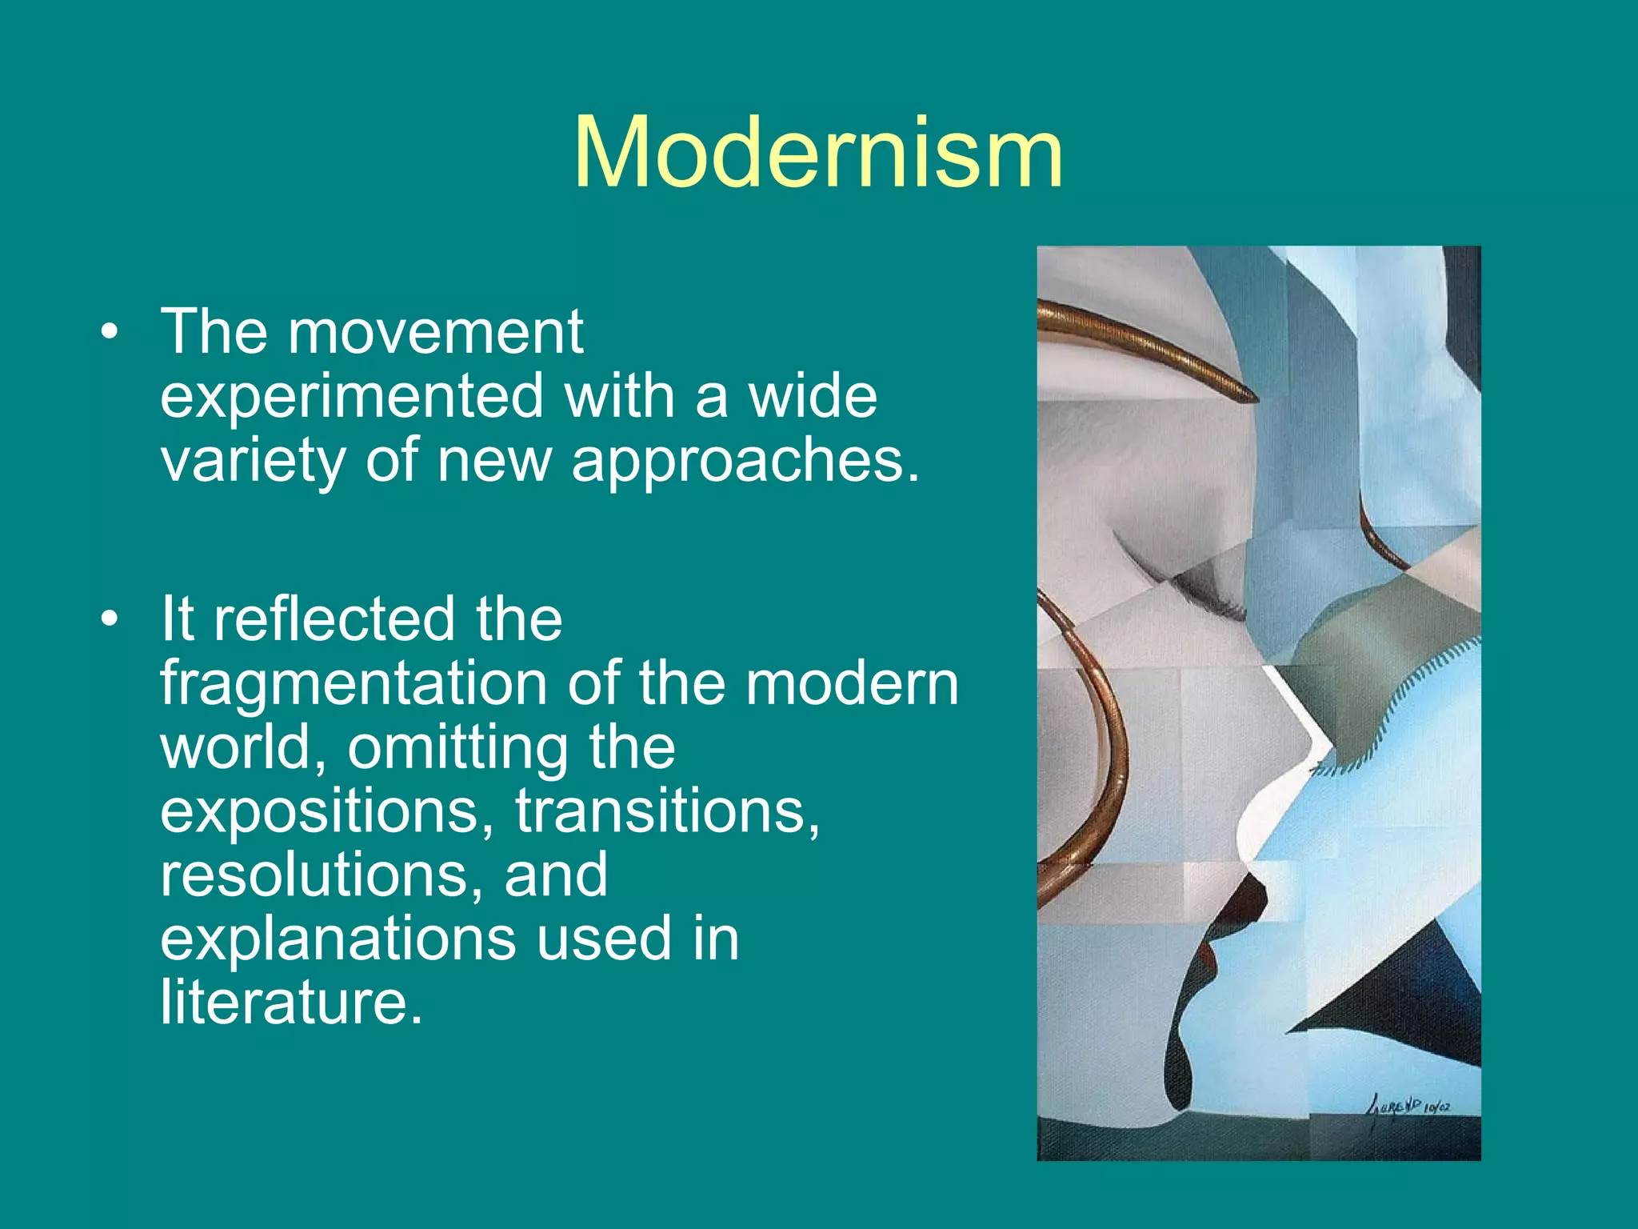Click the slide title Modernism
point(818,152)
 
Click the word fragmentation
point(352,684)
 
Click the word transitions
point(666,811)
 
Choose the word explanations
point(338,939)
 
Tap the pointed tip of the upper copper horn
point(1253,398)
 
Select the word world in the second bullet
point(241,748)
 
